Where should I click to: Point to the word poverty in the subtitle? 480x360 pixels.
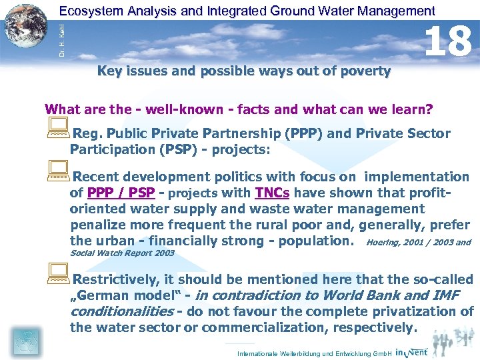[367, 71]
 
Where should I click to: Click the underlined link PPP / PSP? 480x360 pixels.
[121, 193]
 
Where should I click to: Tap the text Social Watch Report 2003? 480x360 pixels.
[122, 253]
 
